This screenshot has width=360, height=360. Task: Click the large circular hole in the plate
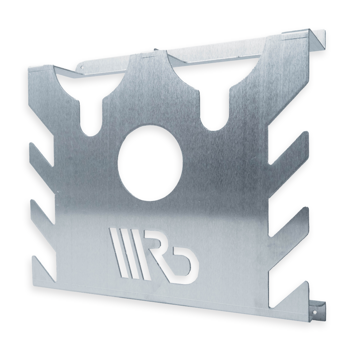150,163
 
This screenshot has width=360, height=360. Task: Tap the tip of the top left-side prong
32,145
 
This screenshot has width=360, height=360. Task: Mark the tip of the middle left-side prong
32,202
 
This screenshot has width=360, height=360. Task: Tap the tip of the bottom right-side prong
306,283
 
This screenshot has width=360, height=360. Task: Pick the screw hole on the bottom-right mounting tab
314,312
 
